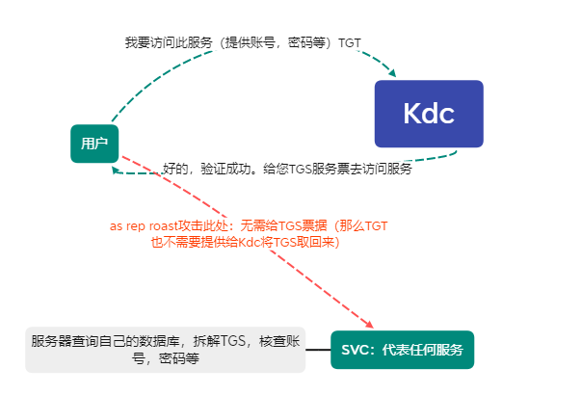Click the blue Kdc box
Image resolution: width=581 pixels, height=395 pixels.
point(429,114)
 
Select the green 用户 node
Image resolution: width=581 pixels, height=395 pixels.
point(93,144)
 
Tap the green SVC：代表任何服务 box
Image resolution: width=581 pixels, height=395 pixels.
point(402,350)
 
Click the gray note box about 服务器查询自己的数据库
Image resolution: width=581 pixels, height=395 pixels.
point(165,349)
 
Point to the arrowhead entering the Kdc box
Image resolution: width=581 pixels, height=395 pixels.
point(391,72)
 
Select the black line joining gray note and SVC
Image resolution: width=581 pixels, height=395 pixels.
point(317,350)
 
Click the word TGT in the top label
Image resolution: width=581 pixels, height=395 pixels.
point(350,42)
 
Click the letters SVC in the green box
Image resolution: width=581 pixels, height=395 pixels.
point(356,350)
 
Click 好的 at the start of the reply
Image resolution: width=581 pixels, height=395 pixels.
point(174,170)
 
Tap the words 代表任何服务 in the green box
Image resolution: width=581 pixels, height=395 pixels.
point(422,350)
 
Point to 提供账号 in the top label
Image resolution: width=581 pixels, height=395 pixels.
point(252,42)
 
